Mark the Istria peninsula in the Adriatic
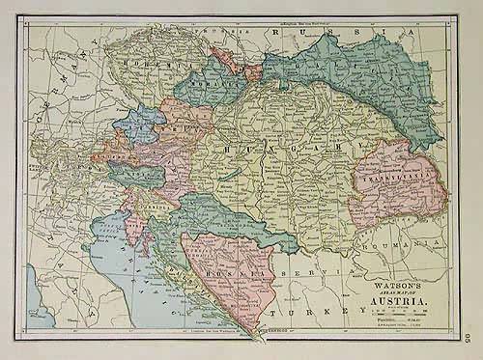130,228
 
